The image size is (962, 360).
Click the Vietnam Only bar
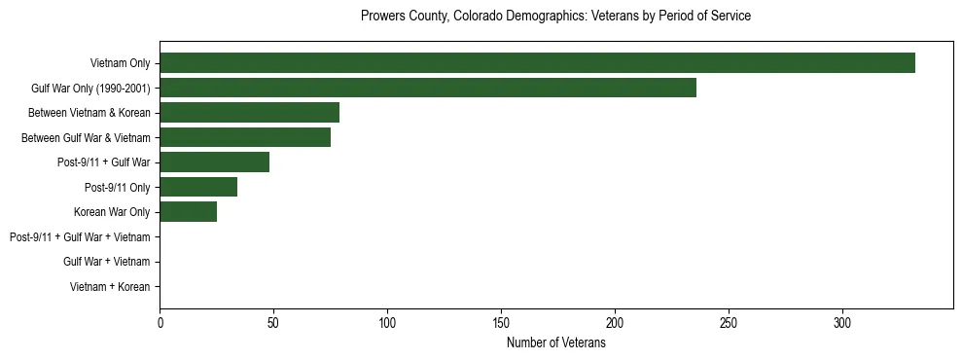tap(537, 63)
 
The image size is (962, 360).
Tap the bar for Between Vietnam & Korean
tap(249, 113)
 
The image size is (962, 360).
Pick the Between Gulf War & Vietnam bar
tap(245, 137)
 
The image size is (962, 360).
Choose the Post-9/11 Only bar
tap(198, 187)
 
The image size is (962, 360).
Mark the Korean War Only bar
tap(188, 212)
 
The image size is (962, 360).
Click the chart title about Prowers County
tap(555, 17)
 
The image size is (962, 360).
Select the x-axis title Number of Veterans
tap(555, 343)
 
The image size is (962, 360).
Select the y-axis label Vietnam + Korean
tap(110, 286)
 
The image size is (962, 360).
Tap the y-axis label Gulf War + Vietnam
tap(106, 262)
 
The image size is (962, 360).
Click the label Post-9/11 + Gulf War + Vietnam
tap(80, 236)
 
